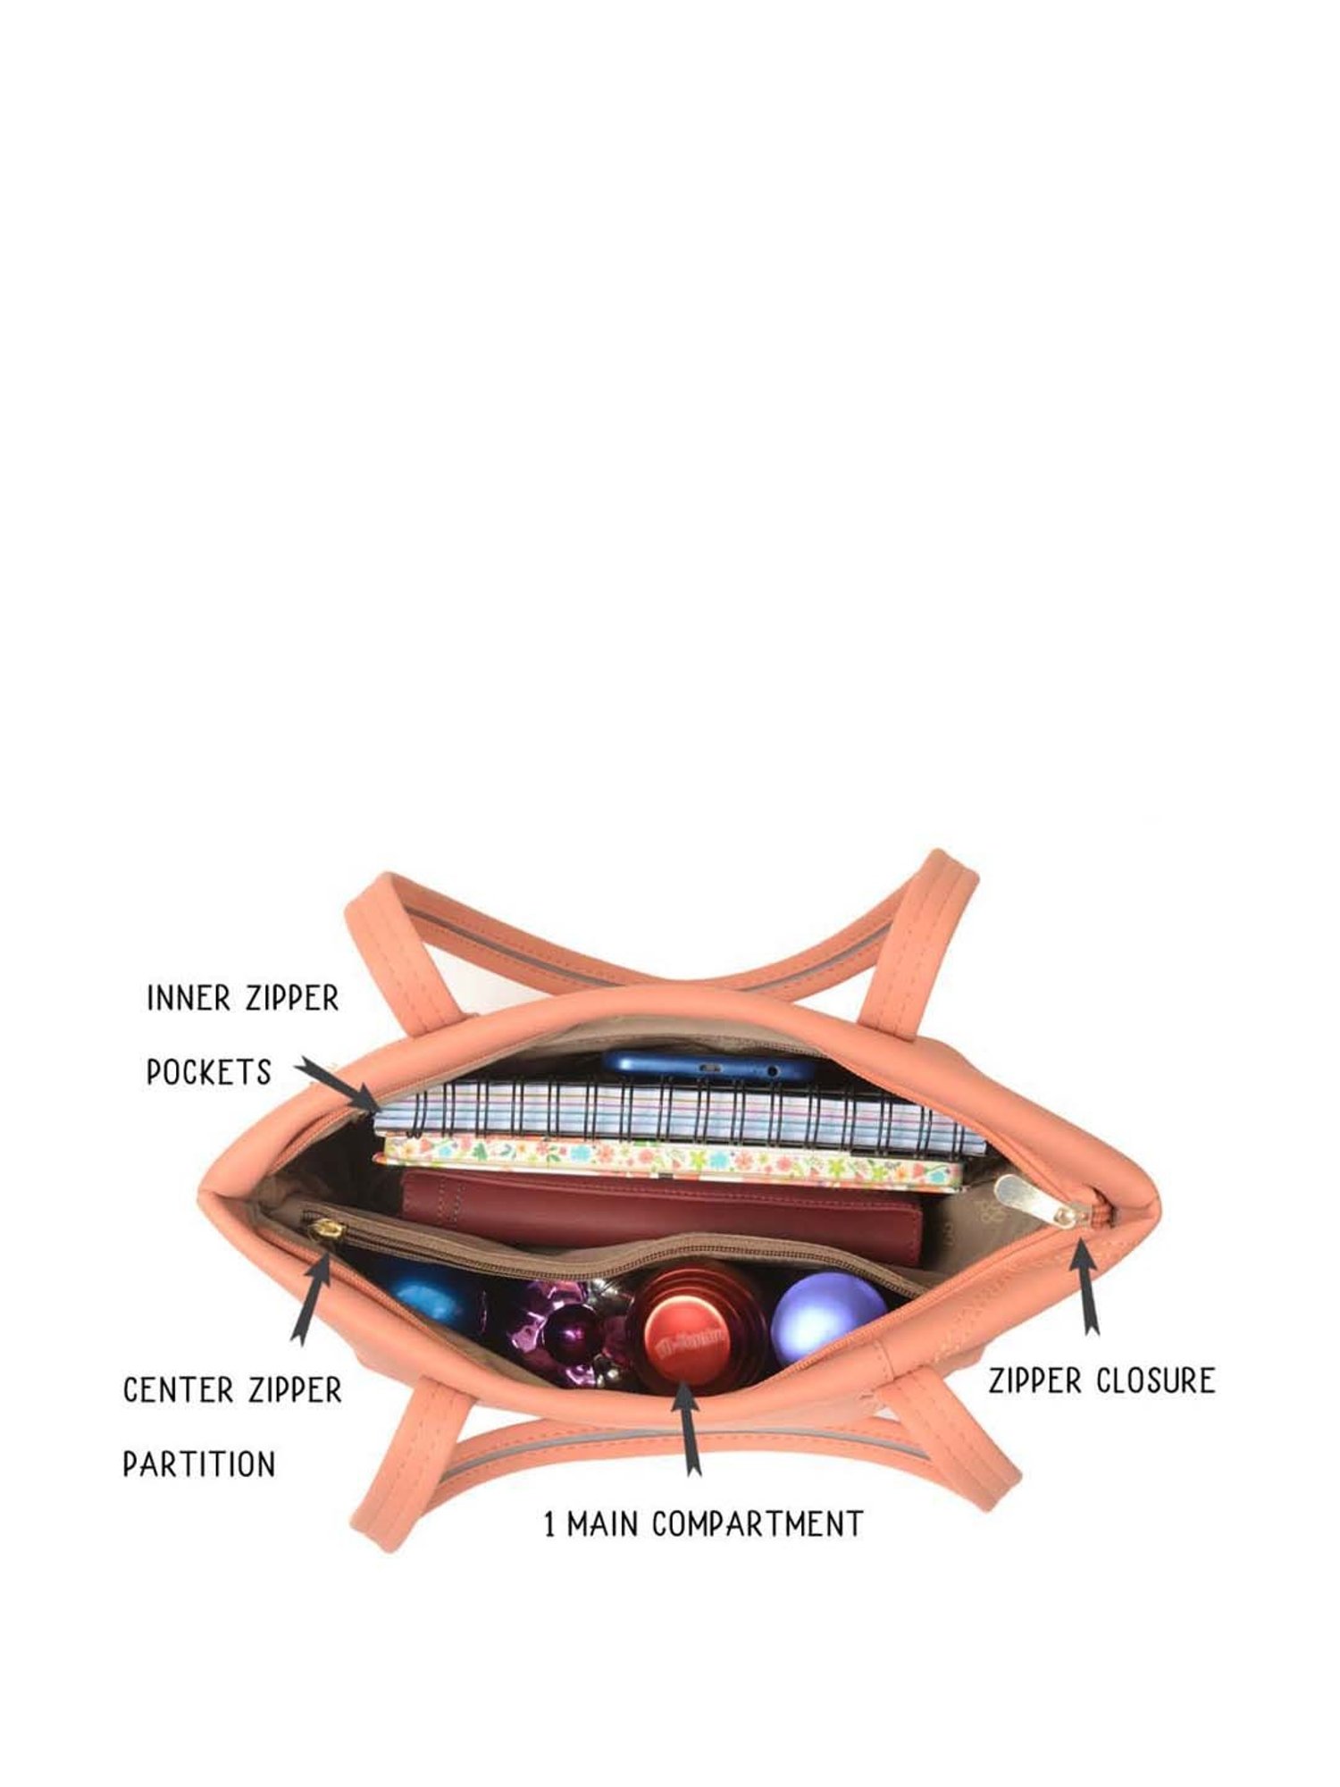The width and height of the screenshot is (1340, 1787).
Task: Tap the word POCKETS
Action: (209, 1071)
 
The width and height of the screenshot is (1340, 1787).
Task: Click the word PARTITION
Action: (199, 1464)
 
